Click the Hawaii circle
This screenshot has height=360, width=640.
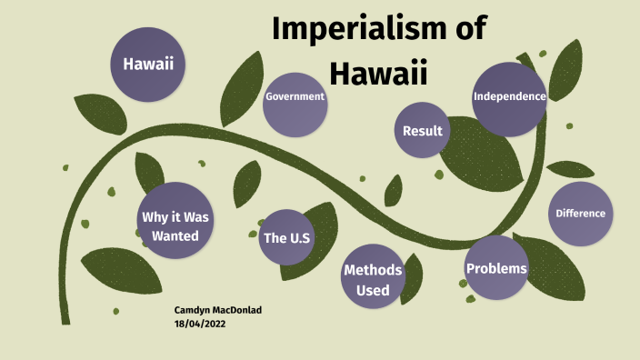click(148, 64)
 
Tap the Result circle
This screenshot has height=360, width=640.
click(423, 131)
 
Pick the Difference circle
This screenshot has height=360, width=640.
click(580, 214)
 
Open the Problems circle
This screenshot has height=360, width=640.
click(496, 268)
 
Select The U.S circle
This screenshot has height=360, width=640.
click(287, 238)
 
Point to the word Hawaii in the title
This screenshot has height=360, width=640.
click(378, 72)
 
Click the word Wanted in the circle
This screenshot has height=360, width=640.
click(175, 235)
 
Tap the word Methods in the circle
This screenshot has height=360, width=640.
click(373, 270)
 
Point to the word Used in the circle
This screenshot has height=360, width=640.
click(373, 290)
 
